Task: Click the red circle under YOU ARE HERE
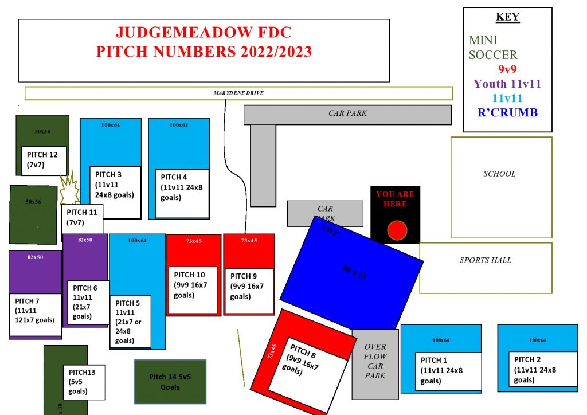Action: click(396, 231)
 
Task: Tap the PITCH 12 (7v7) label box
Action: click(44, 160)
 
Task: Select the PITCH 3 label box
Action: click(115, 192)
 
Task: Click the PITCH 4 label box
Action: click(182, 193)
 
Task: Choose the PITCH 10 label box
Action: click(192, 289)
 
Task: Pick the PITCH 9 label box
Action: click(248, 291)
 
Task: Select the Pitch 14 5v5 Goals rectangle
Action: click(170, 381)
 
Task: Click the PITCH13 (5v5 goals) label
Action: click(84, 382)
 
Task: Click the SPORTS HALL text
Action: click(486, 260)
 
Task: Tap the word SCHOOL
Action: click(499, 174)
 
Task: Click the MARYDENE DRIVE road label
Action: click(238, 93)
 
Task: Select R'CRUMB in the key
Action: click(507, 112)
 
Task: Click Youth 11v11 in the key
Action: click(507, 84)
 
